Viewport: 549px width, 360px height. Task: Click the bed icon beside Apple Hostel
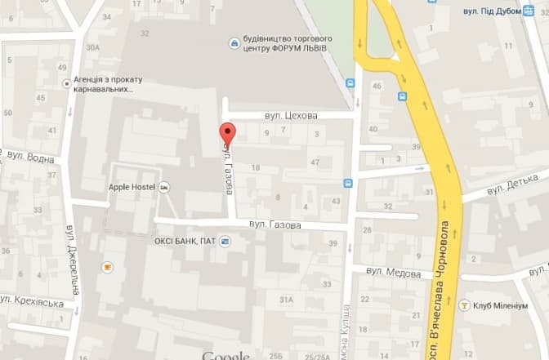pos(165,187)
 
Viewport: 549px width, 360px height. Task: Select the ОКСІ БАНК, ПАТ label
pos(185,241)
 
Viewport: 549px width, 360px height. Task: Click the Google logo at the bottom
pos(225,355)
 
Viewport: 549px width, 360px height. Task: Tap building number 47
pos(315,163)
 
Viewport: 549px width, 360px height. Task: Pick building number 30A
pos(92,47)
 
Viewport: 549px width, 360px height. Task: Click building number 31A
pos(286,300)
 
